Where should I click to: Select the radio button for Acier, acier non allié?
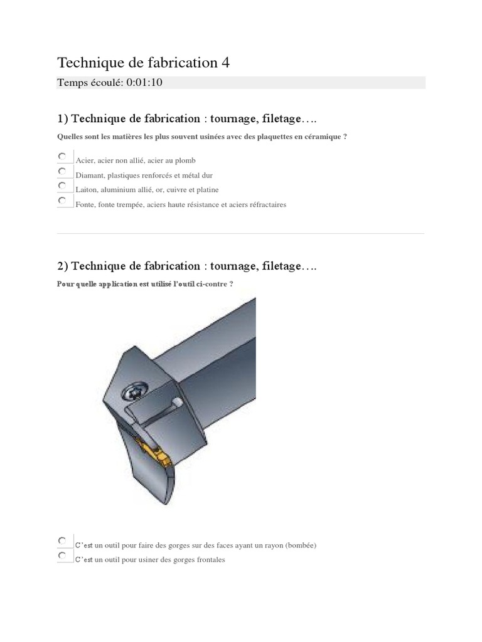tap(62, 156)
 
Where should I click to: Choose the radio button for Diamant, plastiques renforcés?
tap(62, 171)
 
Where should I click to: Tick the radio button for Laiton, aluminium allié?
tap(62, 186)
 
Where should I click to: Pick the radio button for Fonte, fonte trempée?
tap(62, 200)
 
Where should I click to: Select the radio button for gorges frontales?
tap(62, 555)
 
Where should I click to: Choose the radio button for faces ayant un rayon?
tap(62, 541)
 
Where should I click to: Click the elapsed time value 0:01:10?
tap(144, 82)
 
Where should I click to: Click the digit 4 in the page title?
tap(225, 63)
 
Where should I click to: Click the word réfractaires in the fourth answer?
tap(267, 205)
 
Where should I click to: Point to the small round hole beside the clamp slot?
tap(178, 403)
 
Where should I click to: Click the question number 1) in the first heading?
tap(62, 118)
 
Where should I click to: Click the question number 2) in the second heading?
tap(62, 266)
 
